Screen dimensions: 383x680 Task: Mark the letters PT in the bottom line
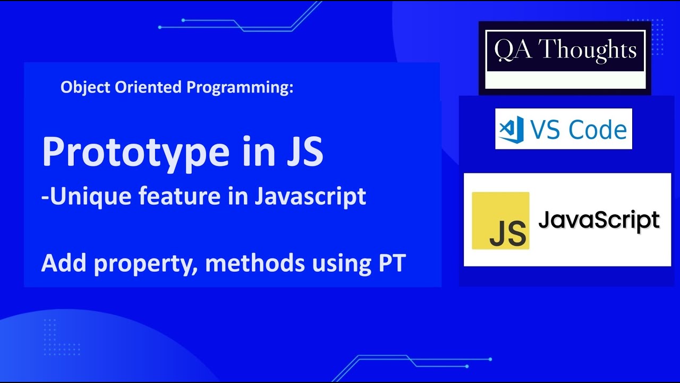[x=392, y=264]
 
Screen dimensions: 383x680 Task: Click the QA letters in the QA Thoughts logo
[x=509, y=50]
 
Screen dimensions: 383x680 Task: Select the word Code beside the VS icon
[x=597, y=130]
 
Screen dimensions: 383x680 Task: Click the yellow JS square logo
[x=500, y=220]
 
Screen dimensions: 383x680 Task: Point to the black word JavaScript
[x=599, y=219]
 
